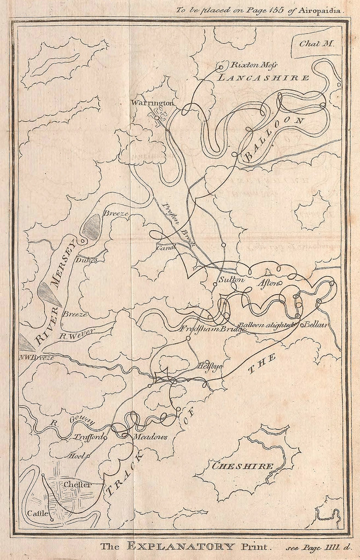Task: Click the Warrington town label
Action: pyautogui.click(x=152, y=103)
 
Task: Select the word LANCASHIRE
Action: pyautogui.click(x=263, y=78)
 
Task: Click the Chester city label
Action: pyautogui.click(x=77, y=485)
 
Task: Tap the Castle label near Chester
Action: pyautogui.click(x=37, y=514)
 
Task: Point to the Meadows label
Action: pyautogui.click(x=150, y=437)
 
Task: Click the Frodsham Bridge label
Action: pyautogui.click(x=207, y=329)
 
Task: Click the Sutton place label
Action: pyautogui.click(x=230, y=280)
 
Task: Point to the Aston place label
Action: pyautogui.click(x=270, y=283)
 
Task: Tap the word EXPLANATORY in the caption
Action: pyautogui.click(x=181, y=546)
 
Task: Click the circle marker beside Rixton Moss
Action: pyautogui.click(x=220, y=67)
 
